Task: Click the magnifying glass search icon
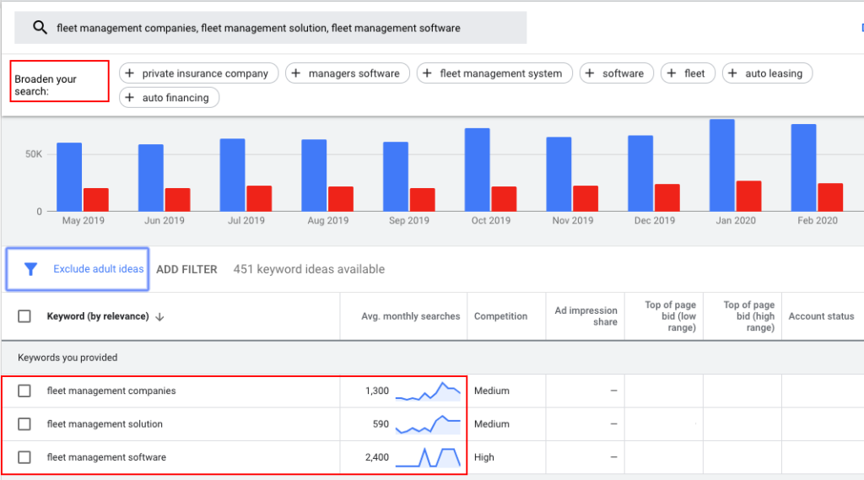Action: (40, 27)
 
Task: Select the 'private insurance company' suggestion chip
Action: (198, 73)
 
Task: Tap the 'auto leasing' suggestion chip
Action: (767, 73)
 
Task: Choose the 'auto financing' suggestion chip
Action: (169, 98)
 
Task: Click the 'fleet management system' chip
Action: (494, 73)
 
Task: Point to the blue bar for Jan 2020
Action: (722, 165)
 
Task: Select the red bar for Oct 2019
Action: (504, 199)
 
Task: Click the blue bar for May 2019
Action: (69, 177)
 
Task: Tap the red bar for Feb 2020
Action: (830, 197)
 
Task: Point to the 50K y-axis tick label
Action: (34, 154)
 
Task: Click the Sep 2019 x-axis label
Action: (409, 220)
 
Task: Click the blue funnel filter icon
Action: (31, 269)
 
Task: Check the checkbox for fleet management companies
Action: (24, 391)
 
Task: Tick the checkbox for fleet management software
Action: (24, 457)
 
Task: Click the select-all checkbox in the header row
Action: (24, 316)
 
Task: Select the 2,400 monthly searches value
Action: (377, 457)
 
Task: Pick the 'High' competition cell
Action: (483, 457)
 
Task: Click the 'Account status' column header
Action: (821, 316)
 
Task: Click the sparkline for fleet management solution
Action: (428, 424)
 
